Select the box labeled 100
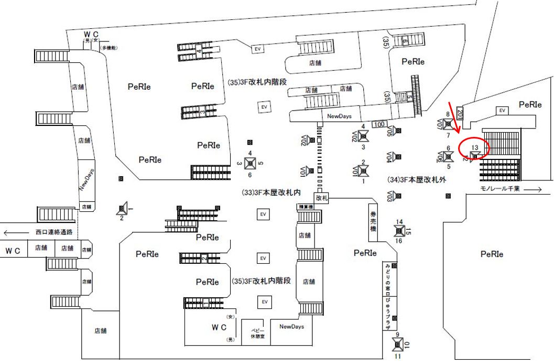pos(379,124)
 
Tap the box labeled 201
pos(460,114)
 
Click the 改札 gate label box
pos(321,197)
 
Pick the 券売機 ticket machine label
pos(373,222)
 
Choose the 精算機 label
pos(306,207)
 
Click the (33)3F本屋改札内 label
pos(270,193)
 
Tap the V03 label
pos(390,196)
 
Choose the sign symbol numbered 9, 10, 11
pos(398,344)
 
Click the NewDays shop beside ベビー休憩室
pos(291,326)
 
